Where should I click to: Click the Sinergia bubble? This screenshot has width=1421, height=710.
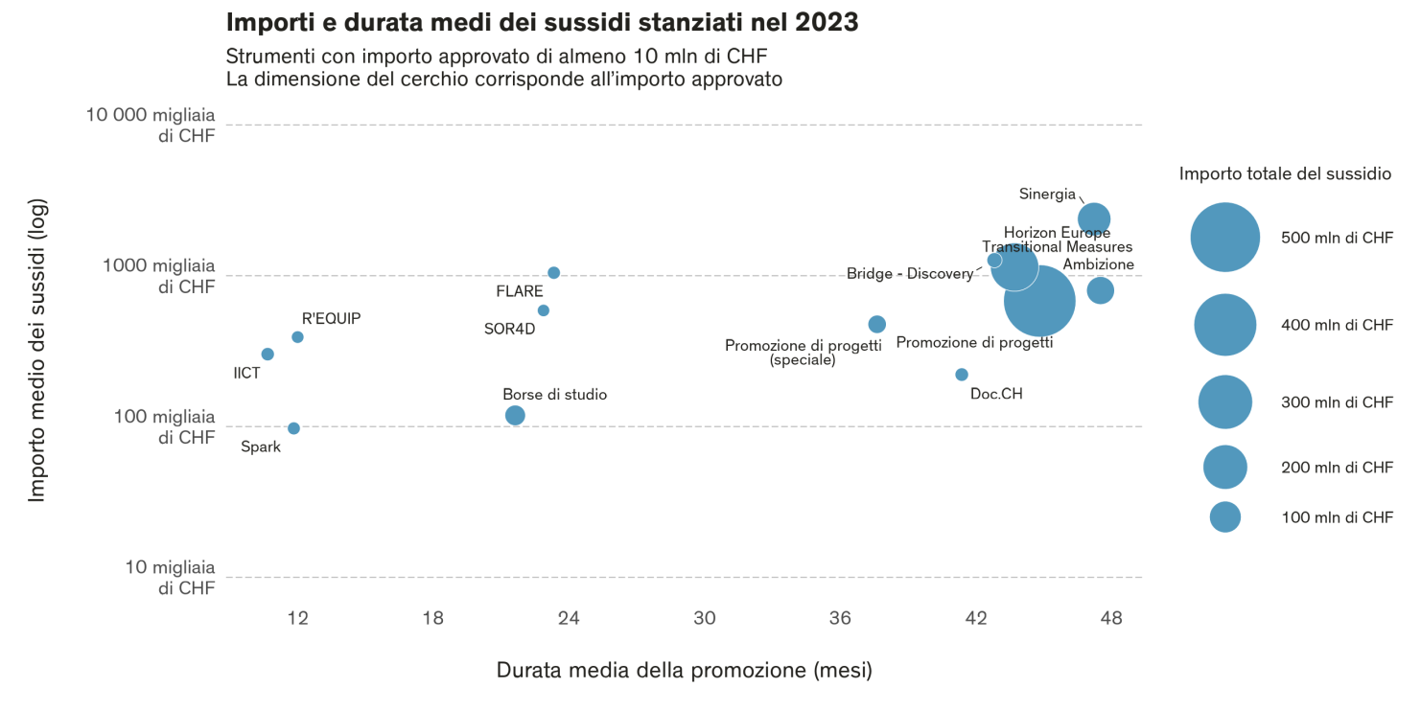pyautogui.click(x=1094, y=219)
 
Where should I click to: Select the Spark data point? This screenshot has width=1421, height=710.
pyautogui.click(x=293, y=428)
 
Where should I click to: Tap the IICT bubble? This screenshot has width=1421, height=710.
pyautogui.click(x=268, y=355)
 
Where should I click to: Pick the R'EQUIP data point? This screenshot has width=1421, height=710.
pyautogui.click(x=297, y=337)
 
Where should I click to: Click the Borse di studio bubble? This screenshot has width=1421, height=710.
pyautogui.click(x=515, y=415)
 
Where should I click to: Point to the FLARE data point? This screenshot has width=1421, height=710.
pyautogui.click(x=553, y=273)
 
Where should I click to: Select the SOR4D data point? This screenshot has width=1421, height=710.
pyautogui.click(x=544, y=310)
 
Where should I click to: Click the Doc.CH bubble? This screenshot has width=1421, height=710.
pyautogui.click(x=962, y=375)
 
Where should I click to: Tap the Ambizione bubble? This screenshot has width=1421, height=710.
pyautogui.click(x=1100, y=290)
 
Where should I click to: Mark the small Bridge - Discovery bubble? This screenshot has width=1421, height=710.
pyautogui.click(x=994, y=261)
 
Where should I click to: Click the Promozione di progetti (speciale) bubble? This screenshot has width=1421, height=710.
pyautogui.click(x=876, y=325)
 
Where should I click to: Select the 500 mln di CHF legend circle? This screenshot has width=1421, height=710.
pyautogui.click(x=1225, y=238)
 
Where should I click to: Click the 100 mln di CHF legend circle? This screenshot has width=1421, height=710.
pyautogui.click(x=1225, y=517)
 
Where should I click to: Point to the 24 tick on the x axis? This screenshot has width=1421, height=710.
pyautogui.click(x=569, y=618)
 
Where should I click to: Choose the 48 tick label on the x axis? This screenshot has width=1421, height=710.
pyautogui.click(x=1111, y=618)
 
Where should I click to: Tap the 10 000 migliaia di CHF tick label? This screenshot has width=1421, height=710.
pyautogui.click(x=151, y=125)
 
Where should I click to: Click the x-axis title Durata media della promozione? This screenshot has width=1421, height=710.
pyautogui.click(x=684, y=670)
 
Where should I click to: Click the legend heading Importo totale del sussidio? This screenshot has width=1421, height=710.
pyautogui.click(x=1285, y=173)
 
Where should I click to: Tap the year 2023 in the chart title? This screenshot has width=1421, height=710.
pyautogui.click(x=827, y=22)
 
